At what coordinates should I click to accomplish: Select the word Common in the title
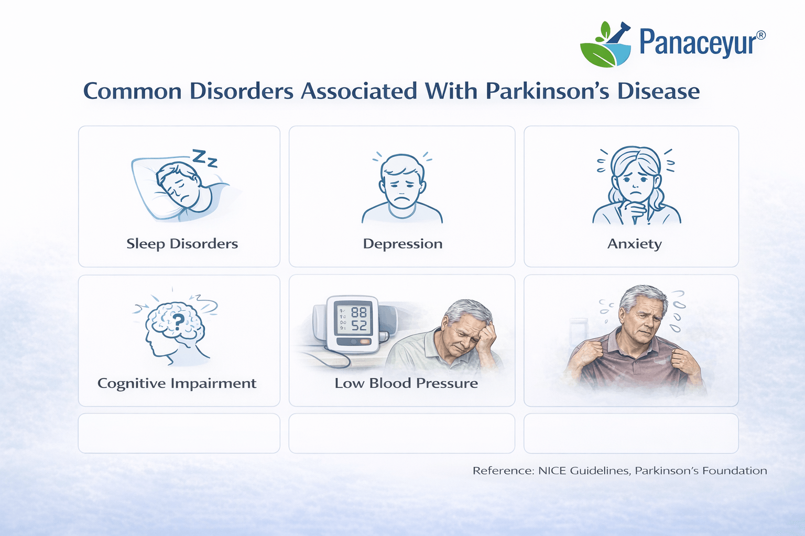point(133,91)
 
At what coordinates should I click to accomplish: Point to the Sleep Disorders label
point(182,244)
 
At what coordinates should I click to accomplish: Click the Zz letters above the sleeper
point(205,158)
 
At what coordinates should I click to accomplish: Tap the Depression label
point(402,244)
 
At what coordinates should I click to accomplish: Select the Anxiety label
point(634,244)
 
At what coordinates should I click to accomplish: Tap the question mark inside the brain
point(179,320)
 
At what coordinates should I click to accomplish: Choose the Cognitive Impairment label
point(177,383)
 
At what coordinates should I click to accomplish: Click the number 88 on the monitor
point(359,312)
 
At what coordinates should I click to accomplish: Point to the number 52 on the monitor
point(359,326)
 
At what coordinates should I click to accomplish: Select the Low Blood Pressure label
point(406,383)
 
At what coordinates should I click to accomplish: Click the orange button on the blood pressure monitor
point(365,342)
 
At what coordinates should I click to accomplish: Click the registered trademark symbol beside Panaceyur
point(761,35)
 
